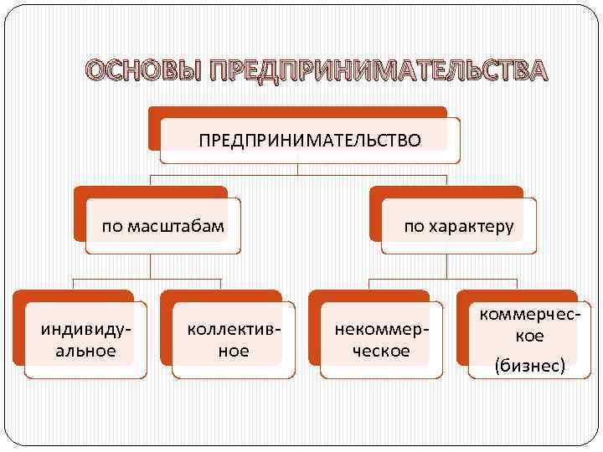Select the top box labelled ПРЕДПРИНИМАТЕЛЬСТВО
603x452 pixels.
point(310,139)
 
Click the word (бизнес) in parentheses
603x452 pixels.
point(529,365)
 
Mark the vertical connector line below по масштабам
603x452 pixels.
point(150,265)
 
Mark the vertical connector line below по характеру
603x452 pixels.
point(446,265)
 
